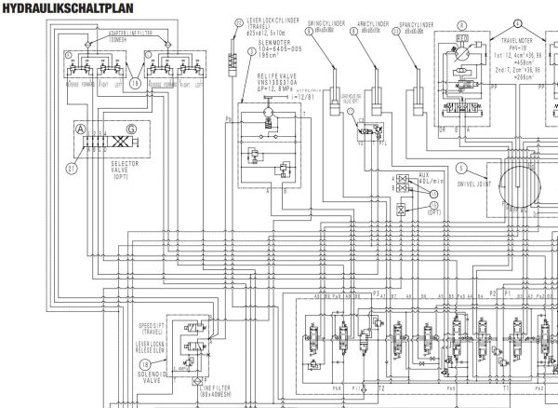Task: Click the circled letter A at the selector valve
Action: coord(80,129)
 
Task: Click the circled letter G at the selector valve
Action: coord(131,129)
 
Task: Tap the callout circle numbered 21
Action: coord(71,169)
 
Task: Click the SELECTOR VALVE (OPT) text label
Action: coord(118,170)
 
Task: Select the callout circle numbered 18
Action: coord(145,364)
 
